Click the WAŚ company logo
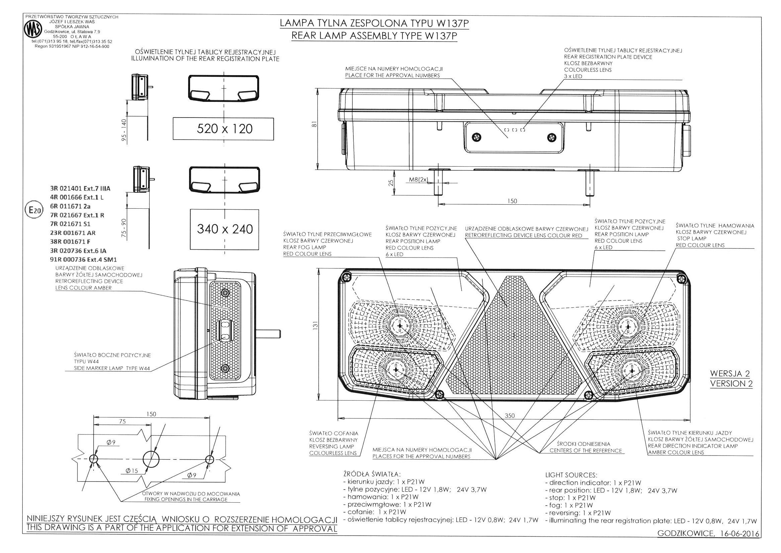click(33, 30)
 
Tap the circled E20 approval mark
click(34, 210)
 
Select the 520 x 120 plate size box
click(223, 129)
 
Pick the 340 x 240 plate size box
click(225, 229)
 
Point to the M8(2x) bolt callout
click(418, 179)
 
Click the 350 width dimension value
click(509, 415)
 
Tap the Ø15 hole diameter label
click(132, 471)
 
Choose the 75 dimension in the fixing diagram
click(122, 421)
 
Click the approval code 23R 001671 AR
click(73, 233)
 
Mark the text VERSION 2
click(731, 383)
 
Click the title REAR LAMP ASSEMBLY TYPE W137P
click(374, 36)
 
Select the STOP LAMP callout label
click(691, 239)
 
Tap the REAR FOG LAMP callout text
click(305, 247)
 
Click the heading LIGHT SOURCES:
click(571, 475)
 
